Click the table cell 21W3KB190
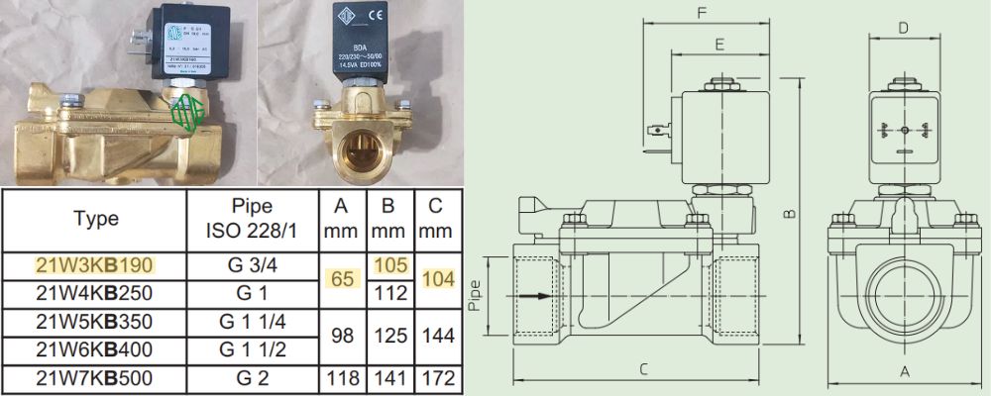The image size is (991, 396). click(95, 266)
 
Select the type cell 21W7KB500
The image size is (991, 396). click(95, 378)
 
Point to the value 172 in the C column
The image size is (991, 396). click(436, 378)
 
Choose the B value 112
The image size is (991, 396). click(388, 294)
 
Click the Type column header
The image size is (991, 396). click(96, 219)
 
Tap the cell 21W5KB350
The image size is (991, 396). click(95, 323)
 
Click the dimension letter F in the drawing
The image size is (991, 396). click(701, 14)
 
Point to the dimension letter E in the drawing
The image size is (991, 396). click(718, 44)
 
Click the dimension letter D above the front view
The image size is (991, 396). click(903, 28)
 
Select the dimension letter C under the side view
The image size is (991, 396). click(644, 370)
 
